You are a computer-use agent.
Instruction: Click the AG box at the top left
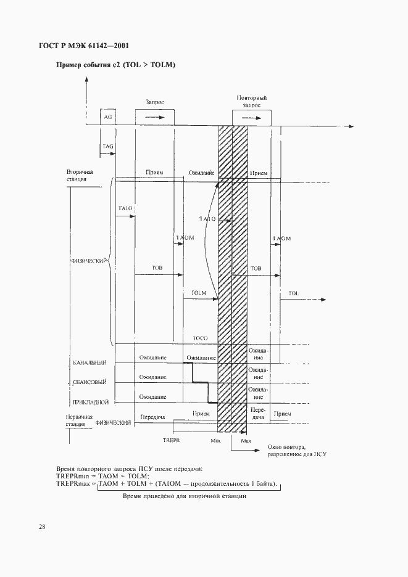point(108,117)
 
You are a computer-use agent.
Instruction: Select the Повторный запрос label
point(251,102)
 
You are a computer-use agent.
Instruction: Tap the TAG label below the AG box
point(107,146)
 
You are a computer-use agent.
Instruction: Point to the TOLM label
point(199,292)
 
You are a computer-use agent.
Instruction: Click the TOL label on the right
point(293,293)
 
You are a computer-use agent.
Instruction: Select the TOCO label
point(199,339)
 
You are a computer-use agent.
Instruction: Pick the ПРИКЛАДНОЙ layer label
point(90,403)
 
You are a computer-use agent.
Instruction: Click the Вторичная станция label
point(80,175)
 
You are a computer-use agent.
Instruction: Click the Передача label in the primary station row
point(151,417)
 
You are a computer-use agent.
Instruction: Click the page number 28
point(42,526)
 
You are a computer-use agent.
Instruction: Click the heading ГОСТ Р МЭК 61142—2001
point(89,46)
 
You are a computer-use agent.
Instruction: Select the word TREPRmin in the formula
point(75,476)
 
